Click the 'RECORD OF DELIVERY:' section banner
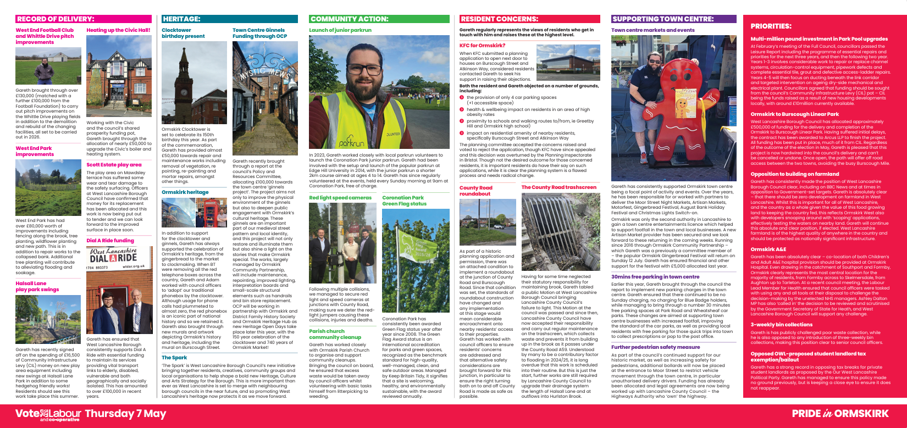point(55,19)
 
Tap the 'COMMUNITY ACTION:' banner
point(349,19)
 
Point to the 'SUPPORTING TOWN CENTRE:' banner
point(662,19)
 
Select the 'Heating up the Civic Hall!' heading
point(118,30)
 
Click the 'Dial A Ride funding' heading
point(110,241)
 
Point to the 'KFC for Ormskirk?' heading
point(482,46)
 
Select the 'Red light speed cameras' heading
point(340,198)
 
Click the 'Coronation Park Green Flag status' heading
point(404,201)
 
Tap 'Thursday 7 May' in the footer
point(125,413)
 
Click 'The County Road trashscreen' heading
point(558,187)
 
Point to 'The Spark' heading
point(174,358)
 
